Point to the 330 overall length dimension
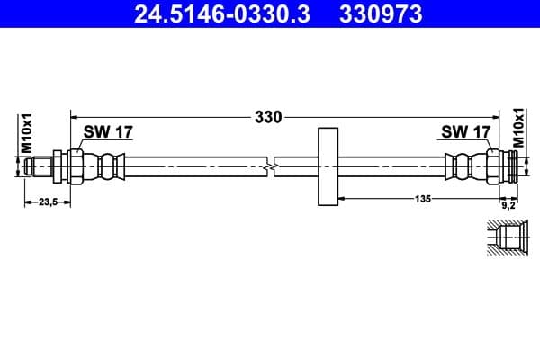(x=268, y=116)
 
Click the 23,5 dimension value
(x=46, y=202)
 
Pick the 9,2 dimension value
(x=507, y=203)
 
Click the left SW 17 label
(x=108, y=132)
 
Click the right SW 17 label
(x=464, y=132)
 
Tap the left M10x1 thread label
(x=27, y=131)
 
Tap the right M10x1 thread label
(x=518, y=130)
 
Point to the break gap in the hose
(x=271, y=166)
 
